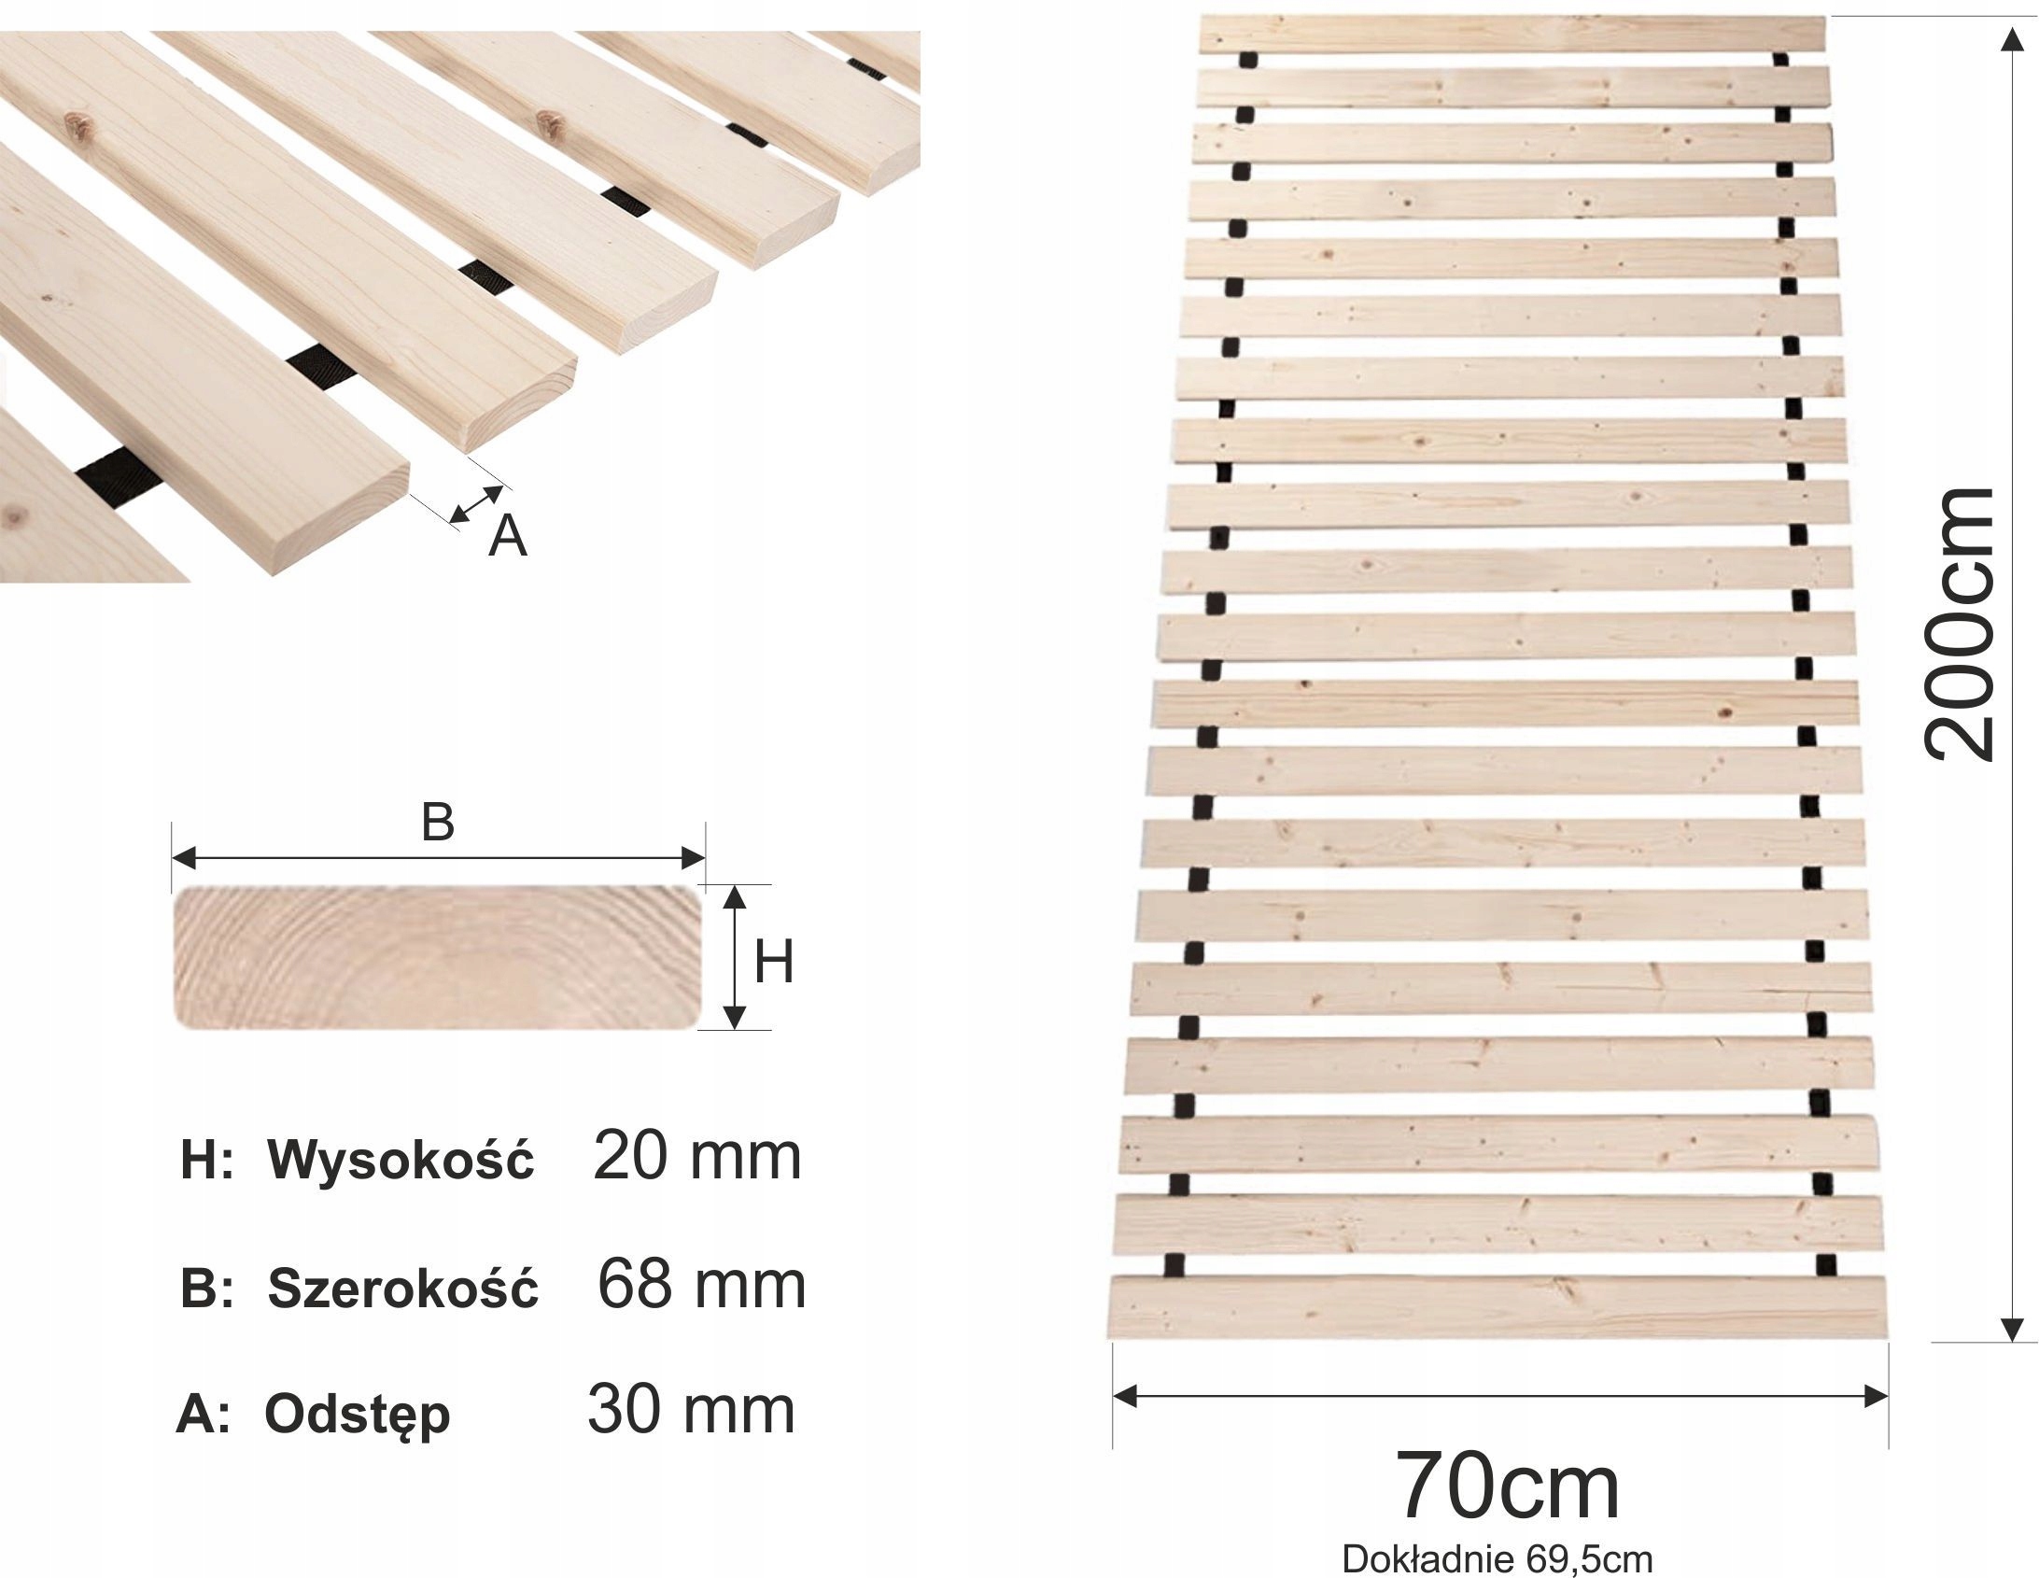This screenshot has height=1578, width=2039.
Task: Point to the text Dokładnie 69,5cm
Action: pyautogui.click(x=1498, y=1558)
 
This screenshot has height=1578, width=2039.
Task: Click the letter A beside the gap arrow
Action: pyautogui.click(x=508, y=537)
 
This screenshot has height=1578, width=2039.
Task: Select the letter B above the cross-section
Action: pyautogui.click(x=437, y=823)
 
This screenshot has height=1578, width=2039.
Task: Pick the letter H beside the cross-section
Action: pyautogui.click(x=773, y=962)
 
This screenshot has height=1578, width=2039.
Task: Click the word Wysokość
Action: pyautogui.click(x=401, y=1161)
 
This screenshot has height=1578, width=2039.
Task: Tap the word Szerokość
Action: pyautogui.click(x=403, y=1289)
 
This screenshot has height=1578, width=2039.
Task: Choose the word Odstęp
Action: pyautogui.click(x=358, y=1416)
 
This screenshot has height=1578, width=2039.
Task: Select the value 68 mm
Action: pyautogui.click(x=700, y=1285)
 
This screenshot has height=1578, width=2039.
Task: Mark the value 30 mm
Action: pyautogui.click(x=691, y=1410)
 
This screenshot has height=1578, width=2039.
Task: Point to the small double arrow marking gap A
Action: pyautogui.click(x=475, y=504)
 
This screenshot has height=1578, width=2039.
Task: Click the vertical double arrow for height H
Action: pyautogui.click(x=736, y=957)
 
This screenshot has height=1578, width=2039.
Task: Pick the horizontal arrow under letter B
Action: pyautogui.click(x=437, y=856)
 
